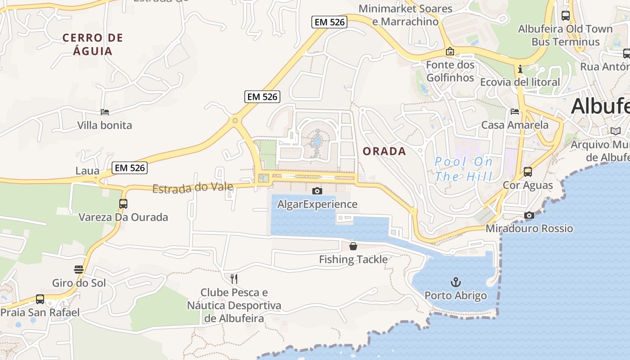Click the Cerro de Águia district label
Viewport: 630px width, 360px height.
pos(93,44)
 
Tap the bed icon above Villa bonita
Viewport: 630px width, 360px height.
pos(105,112)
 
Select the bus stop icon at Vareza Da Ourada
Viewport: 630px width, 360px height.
pos(123,203)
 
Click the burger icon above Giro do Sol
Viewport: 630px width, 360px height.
pos(79,270)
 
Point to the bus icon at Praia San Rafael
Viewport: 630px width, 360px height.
pos(40,299)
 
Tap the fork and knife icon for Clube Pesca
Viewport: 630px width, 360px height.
pos(234,279)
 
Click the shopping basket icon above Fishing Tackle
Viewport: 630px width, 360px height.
pos(353,246)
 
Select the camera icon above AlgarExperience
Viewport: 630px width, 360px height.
pos(317,191)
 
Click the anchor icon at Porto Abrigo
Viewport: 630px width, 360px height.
pos(456,282)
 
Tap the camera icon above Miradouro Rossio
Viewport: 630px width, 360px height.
pos(529,215)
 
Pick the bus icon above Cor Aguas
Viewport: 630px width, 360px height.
pos(527,172)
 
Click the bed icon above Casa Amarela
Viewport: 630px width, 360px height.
pos(515,111)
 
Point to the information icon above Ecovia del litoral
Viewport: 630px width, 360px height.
pos(520,69)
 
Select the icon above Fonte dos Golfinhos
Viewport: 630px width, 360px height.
pos(450,51)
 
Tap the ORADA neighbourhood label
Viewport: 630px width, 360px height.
pos(384,151)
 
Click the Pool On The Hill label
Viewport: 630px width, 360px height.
pos(463,169)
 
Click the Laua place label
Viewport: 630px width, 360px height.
pos(87,171)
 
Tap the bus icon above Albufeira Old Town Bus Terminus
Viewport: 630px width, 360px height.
pos(566,16)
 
